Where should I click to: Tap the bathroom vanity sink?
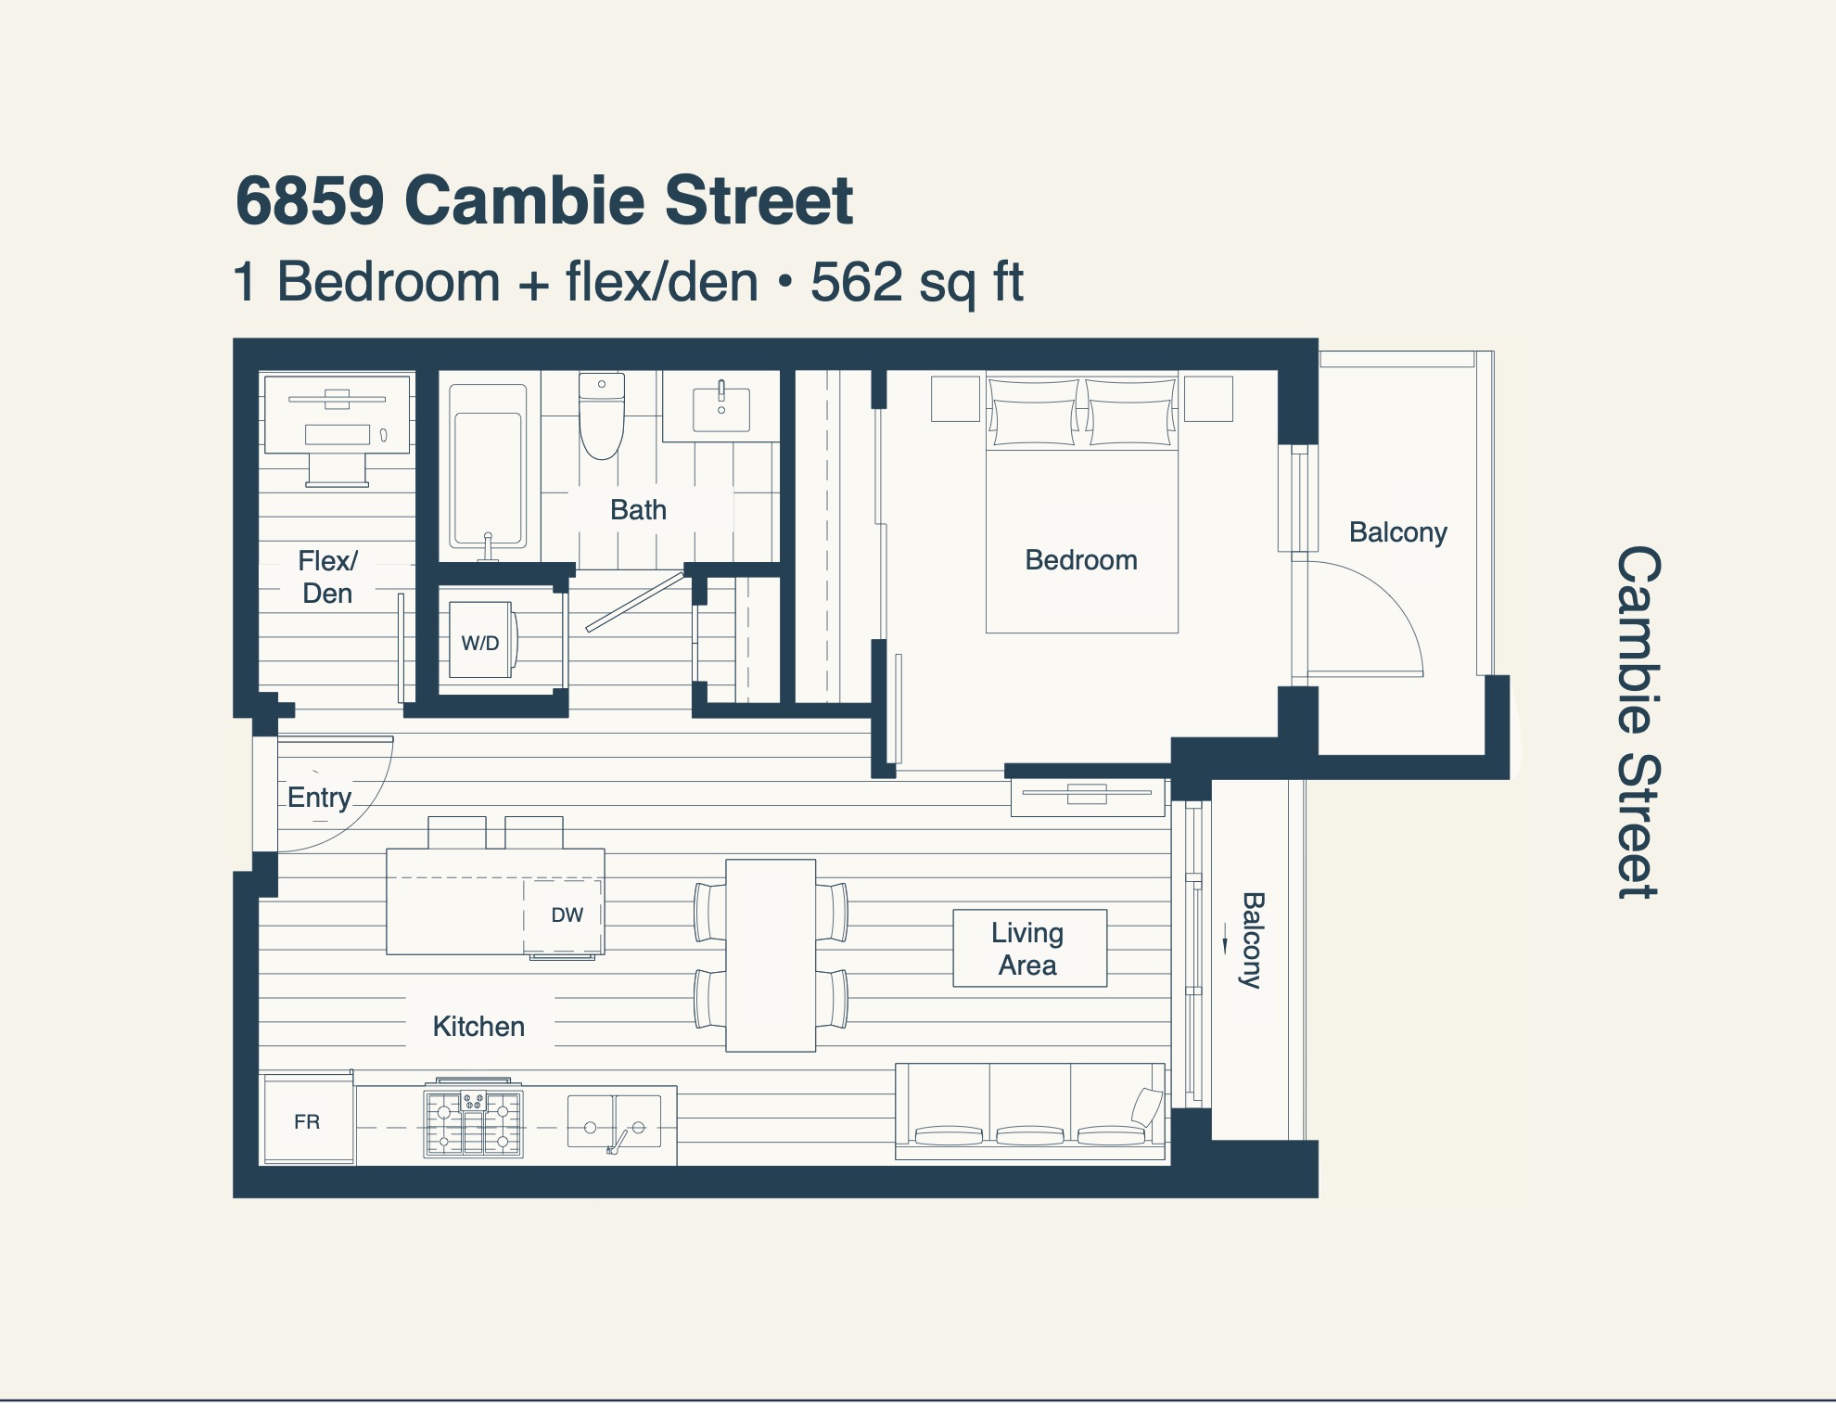tap(721, 409)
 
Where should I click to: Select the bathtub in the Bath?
tap(488, 466)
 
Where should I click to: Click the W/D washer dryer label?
tap(480, 643)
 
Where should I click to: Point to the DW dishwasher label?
tap(567, 915)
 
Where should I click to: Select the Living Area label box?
tap(1029, 948)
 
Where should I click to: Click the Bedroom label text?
tap(1081, 560)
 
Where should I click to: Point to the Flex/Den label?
tap(327, 577)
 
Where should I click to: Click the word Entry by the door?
tap(319, 798)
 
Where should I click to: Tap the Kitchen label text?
tap(478, 1027)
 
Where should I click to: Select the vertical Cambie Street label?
tap(1638, 722)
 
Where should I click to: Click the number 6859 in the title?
tap(310, 200)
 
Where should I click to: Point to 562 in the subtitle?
tap(856, 282)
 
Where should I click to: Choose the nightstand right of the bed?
tap(1208, 399)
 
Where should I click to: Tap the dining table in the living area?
tap(771, 955)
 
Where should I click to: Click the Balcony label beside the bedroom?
tap(1397, 532)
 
